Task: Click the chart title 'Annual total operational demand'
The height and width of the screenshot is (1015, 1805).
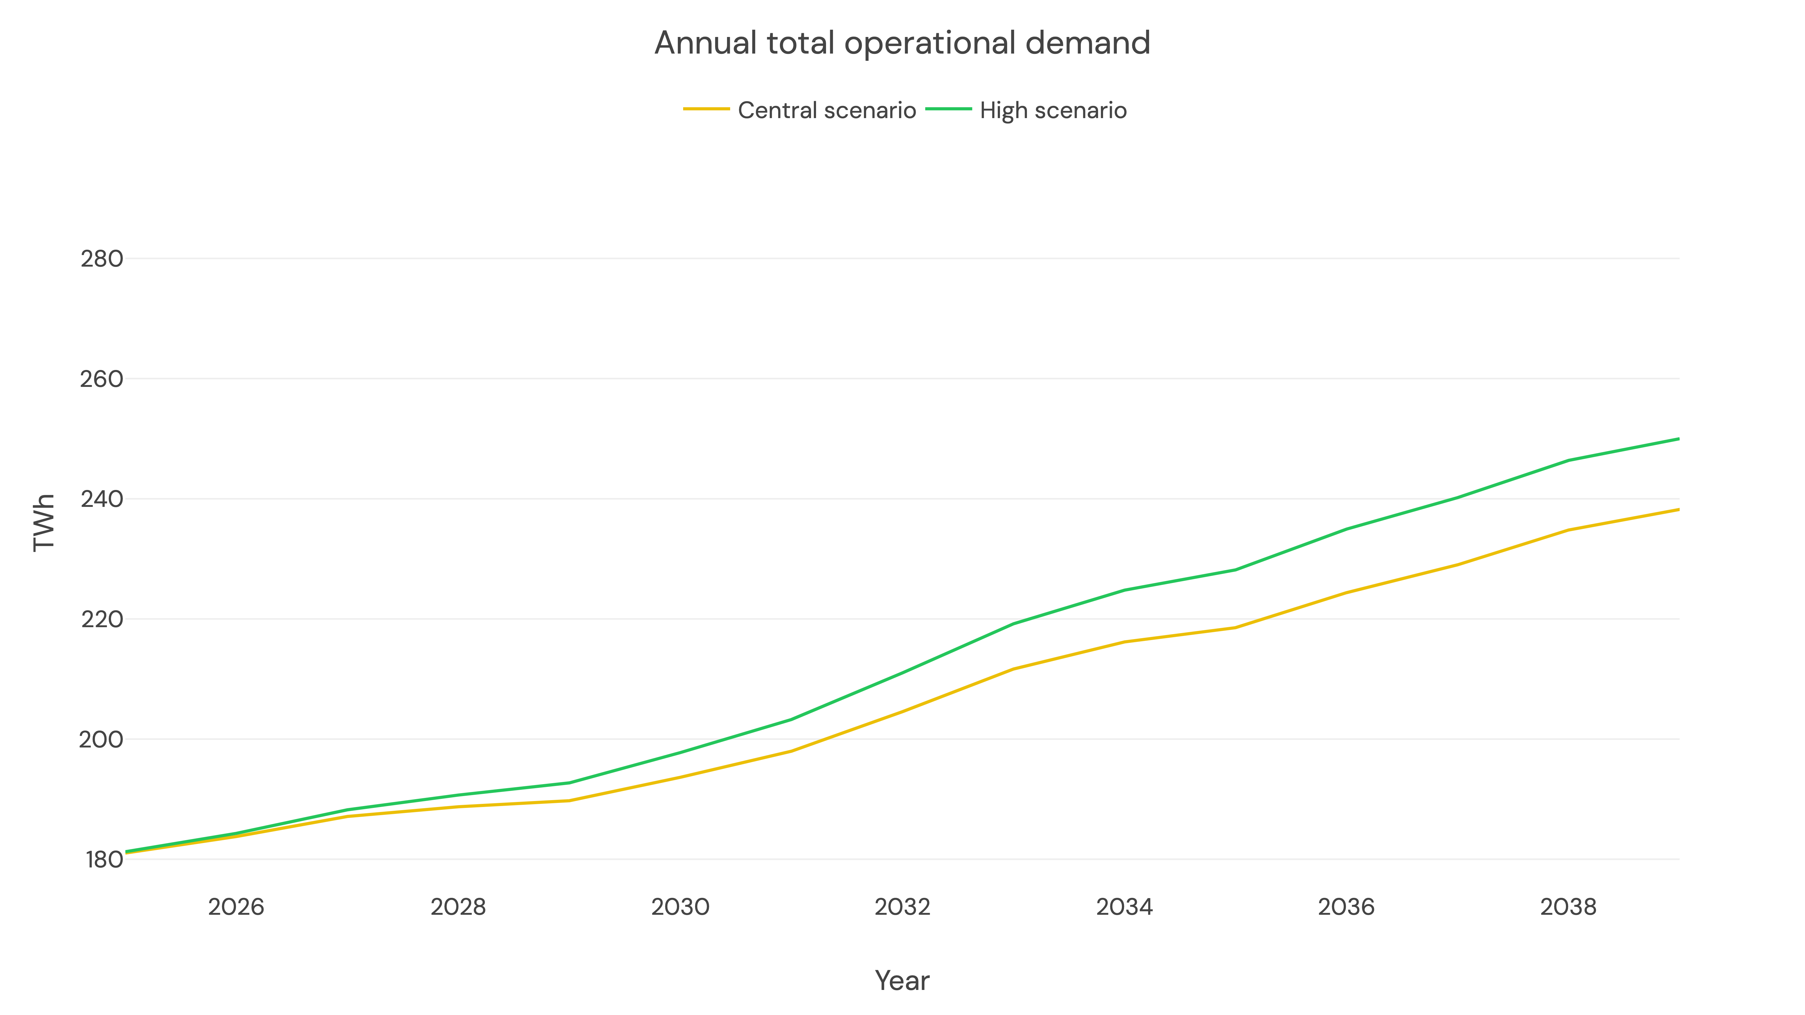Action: pos(902,44)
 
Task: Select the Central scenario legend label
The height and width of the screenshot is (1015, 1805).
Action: pos(827,111)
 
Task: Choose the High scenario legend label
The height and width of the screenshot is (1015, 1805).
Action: pos(1053,111)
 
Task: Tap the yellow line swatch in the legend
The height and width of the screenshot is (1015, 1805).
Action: pos(706,109)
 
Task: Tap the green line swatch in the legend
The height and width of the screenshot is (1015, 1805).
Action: pos(949,109)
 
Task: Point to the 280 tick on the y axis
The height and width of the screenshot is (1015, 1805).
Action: pos(102,259)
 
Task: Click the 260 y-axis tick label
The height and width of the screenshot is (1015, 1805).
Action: pos(102,379)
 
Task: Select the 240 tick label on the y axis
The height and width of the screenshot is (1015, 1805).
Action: pos(102,499)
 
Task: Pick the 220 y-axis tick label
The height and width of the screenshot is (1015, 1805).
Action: pos(102,619)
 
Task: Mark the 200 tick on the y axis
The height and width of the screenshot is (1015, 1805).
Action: pos(102,740)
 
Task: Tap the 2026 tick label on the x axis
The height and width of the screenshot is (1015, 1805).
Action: pos(236,907)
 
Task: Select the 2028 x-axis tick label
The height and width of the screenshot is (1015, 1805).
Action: pos(458,907)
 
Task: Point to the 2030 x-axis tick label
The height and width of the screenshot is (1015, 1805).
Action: pos(680,907)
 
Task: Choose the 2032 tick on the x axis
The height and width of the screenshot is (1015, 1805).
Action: pos(903,907)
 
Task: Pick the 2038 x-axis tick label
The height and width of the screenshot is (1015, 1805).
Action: pos(1568,907)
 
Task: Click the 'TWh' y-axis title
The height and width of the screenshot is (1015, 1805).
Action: pos(44,523)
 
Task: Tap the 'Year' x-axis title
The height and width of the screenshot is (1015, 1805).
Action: pos(902,981)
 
